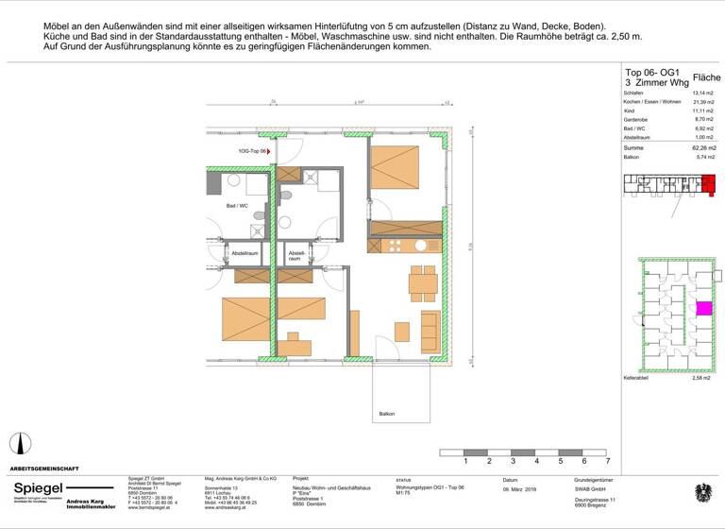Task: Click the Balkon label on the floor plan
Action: point(386,414)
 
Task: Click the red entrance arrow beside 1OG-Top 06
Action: point(269,150)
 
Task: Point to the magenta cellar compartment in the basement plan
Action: point(703,308)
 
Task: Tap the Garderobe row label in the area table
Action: point(638,120)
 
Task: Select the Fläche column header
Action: point(706,77)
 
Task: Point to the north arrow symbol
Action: point(14,443)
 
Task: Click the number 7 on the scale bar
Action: point(608,462)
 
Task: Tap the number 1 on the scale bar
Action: point(465,462)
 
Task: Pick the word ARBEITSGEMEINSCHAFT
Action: point(44,469)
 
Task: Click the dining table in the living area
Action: point(422,281)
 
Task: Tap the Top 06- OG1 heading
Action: point(652,72)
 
